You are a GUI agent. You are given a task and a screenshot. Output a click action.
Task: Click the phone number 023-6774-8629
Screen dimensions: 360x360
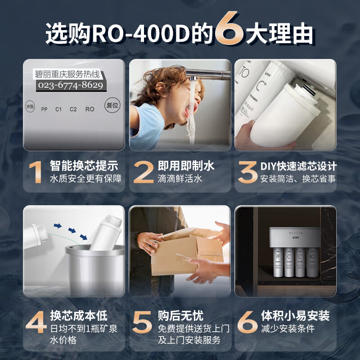pos(71,85)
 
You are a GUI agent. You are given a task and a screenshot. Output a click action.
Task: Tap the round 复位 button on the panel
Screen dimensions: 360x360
pos(112,105)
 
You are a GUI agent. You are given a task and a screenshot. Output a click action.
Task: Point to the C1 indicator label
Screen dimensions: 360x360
pos(58,109)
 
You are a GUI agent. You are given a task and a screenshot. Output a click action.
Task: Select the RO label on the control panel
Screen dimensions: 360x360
pos(90,109)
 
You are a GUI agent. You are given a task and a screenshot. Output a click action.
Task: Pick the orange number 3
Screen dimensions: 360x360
pos(247,172)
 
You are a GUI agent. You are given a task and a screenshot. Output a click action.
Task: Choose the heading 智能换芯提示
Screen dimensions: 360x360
pos(84,166)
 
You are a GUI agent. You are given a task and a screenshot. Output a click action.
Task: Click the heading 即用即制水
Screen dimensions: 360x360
pos(186,166)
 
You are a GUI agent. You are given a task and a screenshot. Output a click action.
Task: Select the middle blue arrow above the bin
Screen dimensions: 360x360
pos(72,230)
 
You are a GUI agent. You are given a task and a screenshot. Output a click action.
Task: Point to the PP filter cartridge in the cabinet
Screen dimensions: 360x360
pos(278,262)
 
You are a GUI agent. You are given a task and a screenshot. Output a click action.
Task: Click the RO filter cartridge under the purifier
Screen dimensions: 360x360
pos(312,262)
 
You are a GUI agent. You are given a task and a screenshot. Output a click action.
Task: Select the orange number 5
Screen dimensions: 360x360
pos(142,322)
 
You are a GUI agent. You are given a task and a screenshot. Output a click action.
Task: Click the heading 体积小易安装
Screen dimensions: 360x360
pos(295,315)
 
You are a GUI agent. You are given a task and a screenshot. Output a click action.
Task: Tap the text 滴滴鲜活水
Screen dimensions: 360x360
pos(180,179)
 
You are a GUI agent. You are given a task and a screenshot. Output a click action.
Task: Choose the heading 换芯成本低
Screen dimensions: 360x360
pos(79,315)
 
